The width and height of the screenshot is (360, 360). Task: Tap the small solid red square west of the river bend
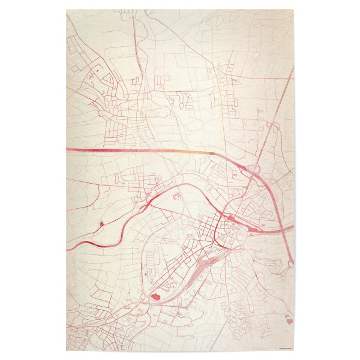point(101,224)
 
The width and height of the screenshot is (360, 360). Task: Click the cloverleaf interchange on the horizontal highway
point(252,170)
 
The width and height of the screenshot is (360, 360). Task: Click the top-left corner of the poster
point(66,10)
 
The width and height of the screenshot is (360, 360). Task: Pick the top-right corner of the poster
point(294,10)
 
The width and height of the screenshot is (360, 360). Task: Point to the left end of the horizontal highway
point(67,148)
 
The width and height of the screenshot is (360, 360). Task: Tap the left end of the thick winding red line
point(67,248)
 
